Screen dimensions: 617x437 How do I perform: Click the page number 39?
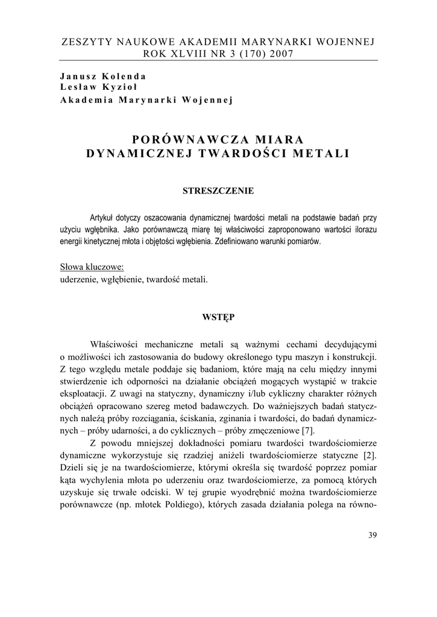371,536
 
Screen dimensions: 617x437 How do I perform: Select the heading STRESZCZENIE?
218,191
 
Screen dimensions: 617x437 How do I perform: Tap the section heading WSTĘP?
218,316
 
